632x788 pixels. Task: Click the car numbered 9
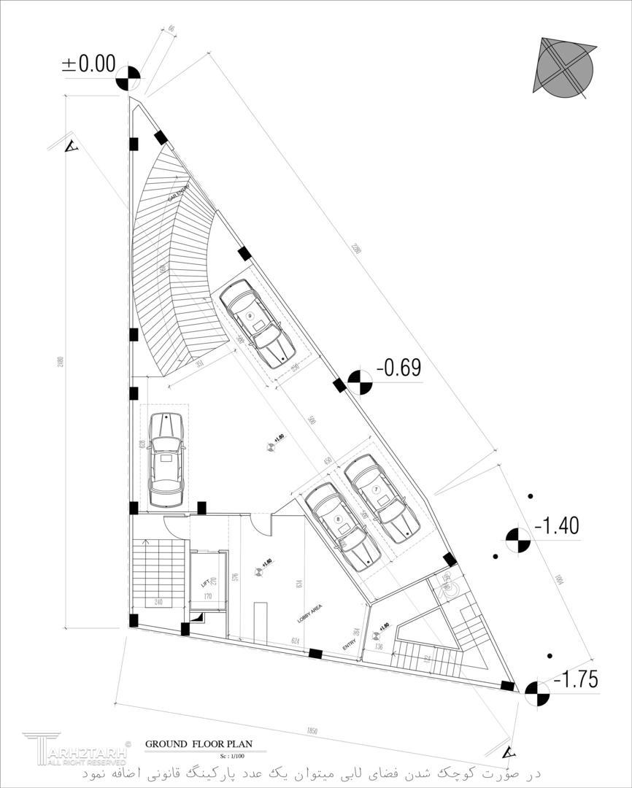pyautogui.click(x=255, y=323)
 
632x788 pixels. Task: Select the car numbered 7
pyautogui.click(x=381, y=498)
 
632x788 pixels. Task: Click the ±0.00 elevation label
pyautogui.click(x=89, y=64)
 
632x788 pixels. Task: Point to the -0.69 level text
pyautogui.click(x=398, y=368)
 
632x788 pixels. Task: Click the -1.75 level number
pyautogui.click(x=576, y=680)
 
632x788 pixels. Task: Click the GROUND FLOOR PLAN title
pyautogui.click(x=199, y=744)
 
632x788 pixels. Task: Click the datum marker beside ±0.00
pyautogui.click(x=129, y=78)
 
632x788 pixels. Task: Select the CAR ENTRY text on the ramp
pyautogui.click(x=179, y=193)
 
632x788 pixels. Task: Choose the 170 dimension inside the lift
pyautogui.click(x=207, y=597)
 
